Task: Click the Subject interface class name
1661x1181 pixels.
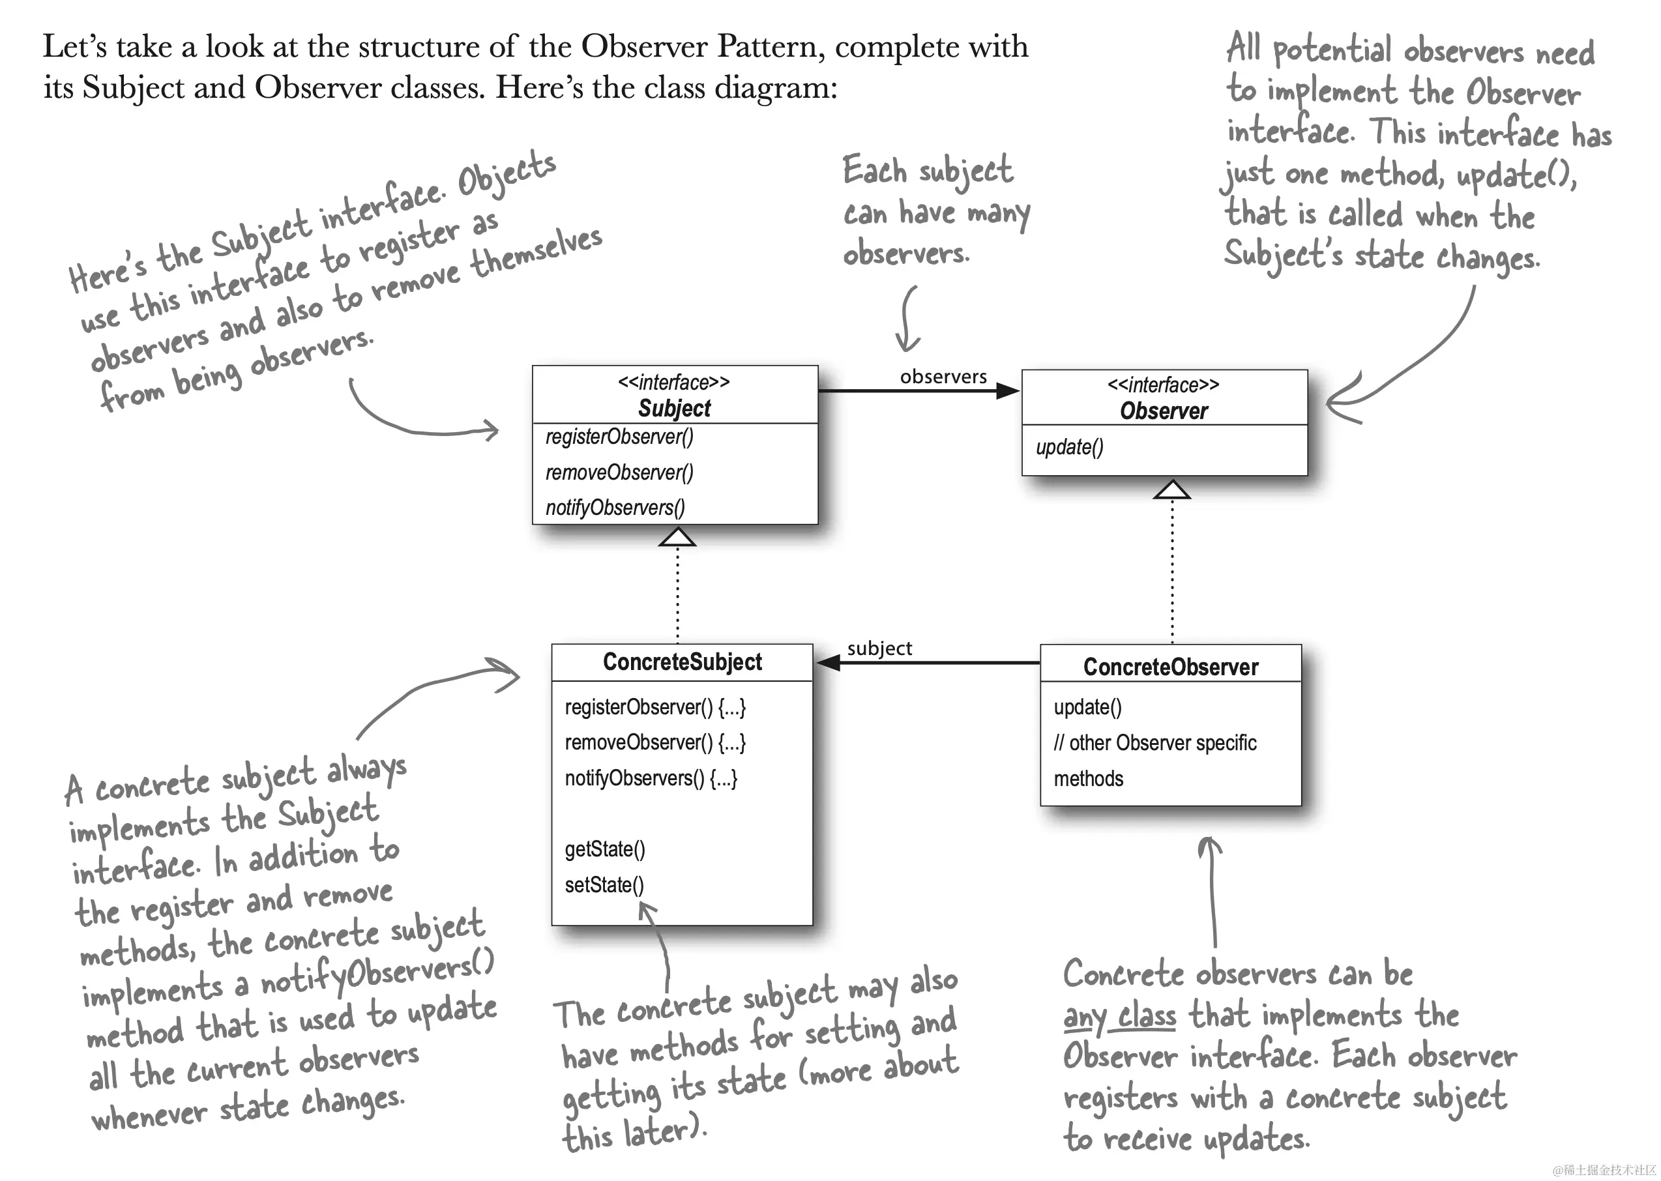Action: (x=674, y=408)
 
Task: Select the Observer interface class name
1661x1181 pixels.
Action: (x=1164, y=411)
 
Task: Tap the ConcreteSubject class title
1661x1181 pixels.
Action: (x=682, y=662)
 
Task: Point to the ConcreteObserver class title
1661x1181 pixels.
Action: (x=1170, y=667)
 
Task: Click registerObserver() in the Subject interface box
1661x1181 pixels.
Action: (x=619, y=437)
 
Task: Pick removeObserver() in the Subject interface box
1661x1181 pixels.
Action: (x=619, y=473)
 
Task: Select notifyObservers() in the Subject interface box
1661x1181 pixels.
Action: (x=615, y=508)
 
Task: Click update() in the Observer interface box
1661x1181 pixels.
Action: (x=1070, y=447)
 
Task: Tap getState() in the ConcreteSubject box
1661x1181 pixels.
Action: (x=605, y=849)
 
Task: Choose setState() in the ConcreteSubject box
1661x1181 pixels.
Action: (x=604, y=885)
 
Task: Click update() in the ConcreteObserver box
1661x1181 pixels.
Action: (x=1088, y=707)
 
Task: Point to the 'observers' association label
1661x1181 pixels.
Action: (x=943, y=377)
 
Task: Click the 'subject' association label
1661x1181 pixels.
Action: (x=879, y=648)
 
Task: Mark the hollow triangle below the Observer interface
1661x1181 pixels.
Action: (x=1171, y=491)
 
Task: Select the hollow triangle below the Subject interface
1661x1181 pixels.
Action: (x=677, y=538)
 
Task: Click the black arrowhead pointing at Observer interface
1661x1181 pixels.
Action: (x=1008, y=391)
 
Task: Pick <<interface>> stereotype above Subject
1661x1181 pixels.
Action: (x=673, y=383)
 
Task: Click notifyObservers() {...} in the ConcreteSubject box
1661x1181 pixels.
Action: (x=651, y=779)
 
